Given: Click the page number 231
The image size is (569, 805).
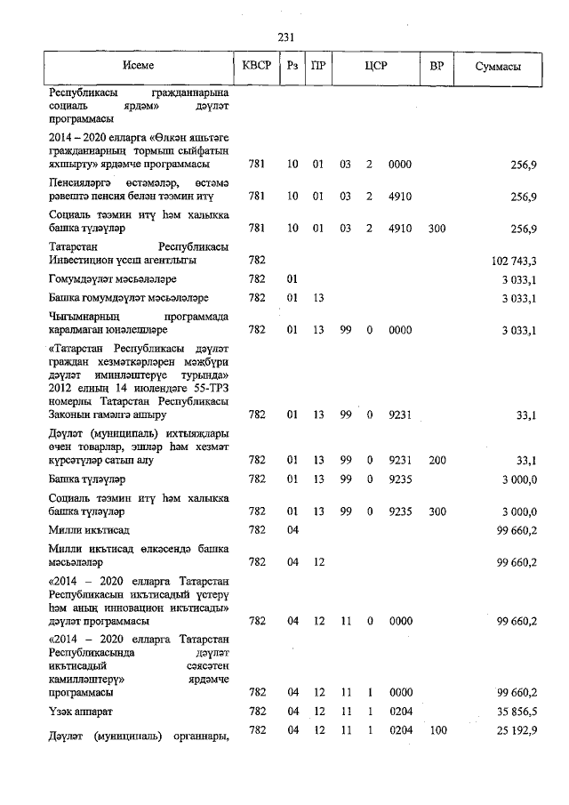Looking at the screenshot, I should [x=284, y=37].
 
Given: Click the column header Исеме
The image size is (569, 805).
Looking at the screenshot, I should [x=139, y=67].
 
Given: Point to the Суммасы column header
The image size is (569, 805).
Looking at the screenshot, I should [x=498, y=67].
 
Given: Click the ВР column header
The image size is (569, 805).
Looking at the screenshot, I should [x=437, y=67].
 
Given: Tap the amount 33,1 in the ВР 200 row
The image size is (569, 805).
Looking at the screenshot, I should [x=526, y=460].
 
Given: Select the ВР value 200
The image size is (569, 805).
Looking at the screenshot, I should [x=437, y=460].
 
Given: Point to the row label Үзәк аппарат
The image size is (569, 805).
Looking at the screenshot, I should [x=81, y=712].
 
